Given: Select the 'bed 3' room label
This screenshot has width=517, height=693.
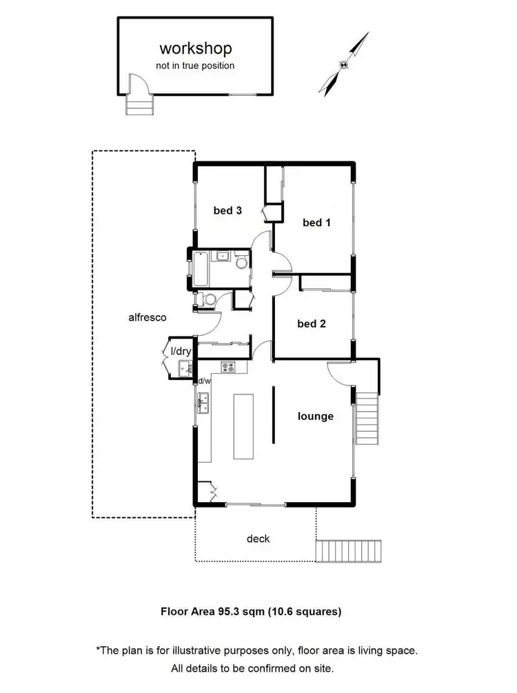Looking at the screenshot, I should click(227, 211).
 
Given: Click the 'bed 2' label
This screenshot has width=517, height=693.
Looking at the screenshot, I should click(311, 323).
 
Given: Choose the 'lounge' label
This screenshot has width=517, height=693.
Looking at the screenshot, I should click(315, 416).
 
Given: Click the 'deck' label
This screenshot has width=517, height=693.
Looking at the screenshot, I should click(259, 539).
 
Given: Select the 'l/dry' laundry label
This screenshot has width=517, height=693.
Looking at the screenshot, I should click(180, 352).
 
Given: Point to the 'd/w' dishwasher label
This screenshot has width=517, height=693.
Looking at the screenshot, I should click(204, 381).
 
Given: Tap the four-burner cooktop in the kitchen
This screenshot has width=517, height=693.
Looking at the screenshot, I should click(229, 367).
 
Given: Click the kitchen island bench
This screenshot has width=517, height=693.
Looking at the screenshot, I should click(244, 425).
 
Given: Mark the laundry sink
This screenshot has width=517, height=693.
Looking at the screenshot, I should click(184, 368).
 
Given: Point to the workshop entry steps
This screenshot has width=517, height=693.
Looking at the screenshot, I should click(137, 106).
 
